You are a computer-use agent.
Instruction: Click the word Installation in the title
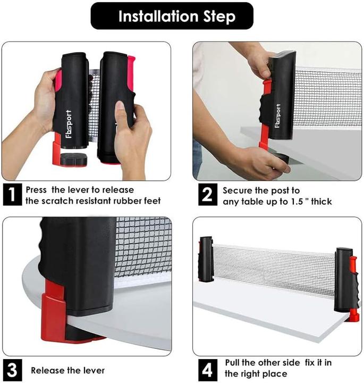pyautogui.click(x=158, y=16)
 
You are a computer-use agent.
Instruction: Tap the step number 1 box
pyautogui.click(x=12, y=195)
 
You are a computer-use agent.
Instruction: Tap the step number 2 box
pyautogui.click(x=207, y=195)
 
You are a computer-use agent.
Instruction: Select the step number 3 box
pyautogui.click(x=12, y=370)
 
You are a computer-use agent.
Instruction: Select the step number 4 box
pyautogui.click(x=207, y=370)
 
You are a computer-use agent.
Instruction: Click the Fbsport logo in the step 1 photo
pyautogui.click(x=69, y=124)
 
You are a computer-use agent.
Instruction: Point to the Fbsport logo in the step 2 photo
pyautogui.click(x=277, y=116)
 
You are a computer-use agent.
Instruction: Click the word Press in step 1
pyautogui.click(x=36, y=190)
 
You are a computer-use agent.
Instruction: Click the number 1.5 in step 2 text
pyautogui.click(x=297, y=202)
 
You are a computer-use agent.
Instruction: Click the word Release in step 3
pyautogui.click(x=46, y=371)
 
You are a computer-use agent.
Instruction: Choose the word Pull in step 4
pyautogui.click(x=232, y=362)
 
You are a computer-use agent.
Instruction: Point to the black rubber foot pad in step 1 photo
pyautogui.click(x=74, y=159)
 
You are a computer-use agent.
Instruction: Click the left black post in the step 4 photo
pyautogui.click(x=206, y=259)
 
